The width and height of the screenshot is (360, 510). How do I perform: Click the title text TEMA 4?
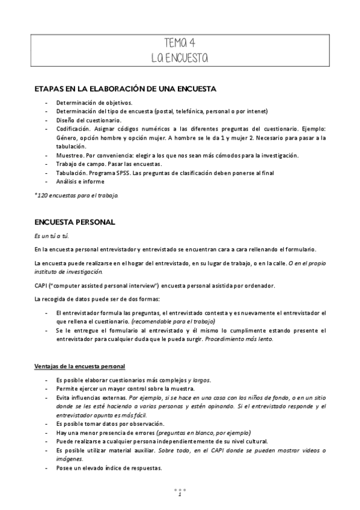coord(179,43)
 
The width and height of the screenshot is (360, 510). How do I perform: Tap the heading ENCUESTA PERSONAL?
coord(75,222)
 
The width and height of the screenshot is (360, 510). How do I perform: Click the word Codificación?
coord(74,129)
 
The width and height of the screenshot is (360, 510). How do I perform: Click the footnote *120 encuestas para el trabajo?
coord(76,195)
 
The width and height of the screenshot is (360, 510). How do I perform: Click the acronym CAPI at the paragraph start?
coord(41,285)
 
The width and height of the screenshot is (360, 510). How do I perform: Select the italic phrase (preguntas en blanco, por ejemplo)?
coord(203,432)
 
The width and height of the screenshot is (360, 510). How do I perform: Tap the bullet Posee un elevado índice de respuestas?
coord(109,469)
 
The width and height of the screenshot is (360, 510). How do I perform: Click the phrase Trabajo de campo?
coord(77,164)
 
